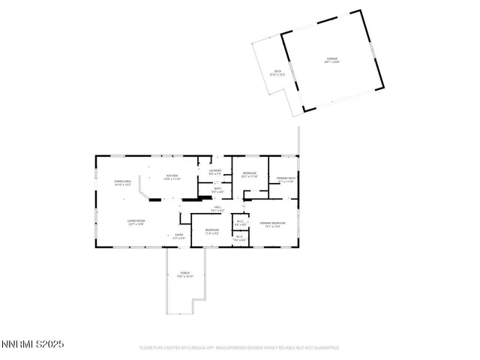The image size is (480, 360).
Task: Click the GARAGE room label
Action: [331, 59]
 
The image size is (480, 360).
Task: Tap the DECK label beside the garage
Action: [277, 72]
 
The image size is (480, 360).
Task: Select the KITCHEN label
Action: [173, 177]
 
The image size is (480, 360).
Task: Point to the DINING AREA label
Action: [123, 182]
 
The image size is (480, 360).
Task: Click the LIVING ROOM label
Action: [136, 222]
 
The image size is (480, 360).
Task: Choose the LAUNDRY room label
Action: [214, 172]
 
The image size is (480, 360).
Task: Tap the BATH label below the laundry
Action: [217, 190]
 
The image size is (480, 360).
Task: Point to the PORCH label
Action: [184, 274]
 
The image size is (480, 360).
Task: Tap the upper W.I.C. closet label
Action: [240, 222]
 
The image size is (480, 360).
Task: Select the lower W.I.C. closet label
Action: [240, 239]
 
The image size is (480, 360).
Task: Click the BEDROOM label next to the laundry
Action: [250, 175]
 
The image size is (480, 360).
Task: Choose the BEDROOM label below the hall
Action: [212, 230]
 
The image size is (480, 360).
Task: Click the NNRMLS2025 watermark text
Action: [33, 344]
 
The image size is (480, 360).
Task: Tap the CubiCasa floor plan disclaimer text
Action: [240, 348]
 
